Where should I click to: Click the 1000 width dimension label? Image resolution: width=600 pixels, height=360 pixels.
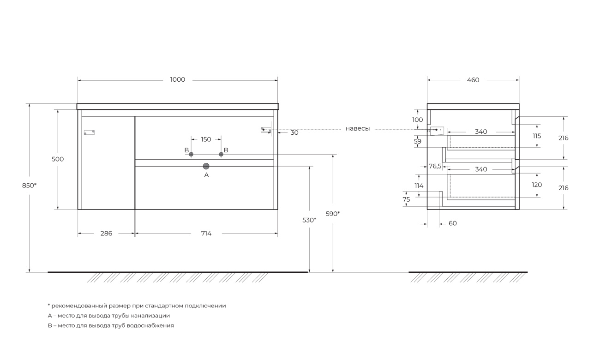point(178,79)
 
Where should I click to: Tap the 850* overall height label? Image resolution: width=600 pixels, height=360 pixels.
point(29,186)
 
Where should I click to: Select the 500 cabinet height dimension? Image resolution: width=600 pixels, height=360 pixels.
point(58,159)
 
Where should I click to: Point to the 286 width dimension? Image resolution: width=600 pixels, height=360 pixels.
point(106,234)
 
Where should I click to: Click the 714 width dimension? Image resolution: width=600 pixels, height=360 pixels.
point(206,234)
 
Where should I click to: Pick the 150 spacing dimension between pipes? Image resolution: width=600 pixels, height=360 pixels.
point(206,139)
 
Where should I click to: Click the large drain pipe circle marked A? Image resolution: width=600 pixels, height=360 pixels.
point(206,166)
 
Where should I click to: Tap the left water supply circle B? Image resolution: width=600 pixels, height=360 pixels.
point(191,154)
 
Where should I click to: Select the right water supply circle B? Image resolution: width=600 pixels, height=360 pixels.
point(221,154)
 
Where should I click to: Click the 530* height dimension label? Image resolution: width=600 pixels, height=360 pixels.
point(309,220)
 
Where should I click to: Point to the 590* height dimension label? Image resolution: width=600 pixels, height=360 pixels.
point(333,214)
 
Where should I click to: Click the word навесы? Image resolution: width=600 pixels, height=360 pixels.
point(358,129)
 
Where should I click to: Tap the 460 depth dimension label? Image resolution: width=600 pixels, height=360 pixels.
point(473,80)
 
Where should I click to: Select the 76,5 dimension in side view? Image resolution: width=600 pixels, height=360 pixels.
point(435,166)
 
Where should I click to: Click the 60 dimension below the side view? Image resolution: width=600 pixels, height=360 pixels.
point(453,223)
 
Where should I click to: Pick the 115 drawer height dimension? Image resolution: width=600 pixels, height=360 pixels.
point(537,136)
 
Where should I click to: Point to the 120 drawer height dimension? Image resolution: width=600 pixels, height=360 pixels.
point(537,185)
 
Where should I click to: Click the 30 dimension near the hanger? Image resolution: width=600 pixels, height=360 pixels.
point(294,132)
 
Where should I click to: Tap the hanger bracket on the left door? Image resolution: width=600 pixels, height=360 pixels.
point(89,132)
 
